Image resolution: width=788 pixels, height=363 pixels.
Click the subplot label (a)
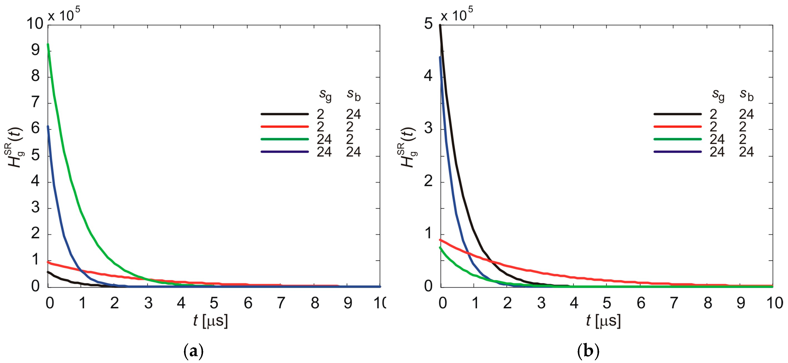[x=193, y=352]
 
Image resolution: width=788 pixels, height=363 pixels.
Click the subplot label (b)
[x=588, y=352]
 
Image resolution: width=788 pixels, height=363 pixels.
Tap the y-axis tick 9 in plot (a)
[x=36, y=50]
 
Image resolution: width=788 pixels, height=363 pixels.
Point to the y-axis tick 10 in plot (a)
[x=35, y=24]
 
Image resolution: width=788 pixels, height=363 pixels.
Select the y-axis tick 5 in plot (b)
[x=428, y=24]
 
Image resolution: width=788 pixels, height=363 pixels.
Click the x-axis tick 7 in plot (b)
[x=674, y=303]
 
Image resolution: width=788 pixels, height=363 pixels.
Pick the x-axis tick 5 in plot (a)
[x=214, y=303]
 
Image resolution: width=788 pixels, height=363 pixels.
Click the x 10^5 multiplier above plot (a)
[x=64, y=15]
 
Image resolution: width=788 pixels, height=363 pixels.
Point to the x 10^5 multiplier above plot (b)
[x=457, y=15]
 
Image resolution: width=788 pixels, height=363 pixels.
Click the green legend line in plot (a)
[x=285, y=139]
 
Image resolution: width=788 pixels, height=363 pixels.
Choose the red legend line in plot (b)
[x=677, y=126]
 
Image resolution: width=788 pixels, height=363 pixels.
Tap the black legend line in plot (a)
[x=285, y=114]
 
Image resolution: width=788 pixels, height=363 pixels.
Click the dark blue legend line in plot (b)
[x=677, y=152]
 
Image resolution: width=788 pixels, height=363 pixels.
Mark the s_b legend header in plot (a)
[x=354, y=95]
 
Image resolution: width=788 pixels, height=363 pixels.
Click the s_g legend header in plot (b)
[x=718, y=95]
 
